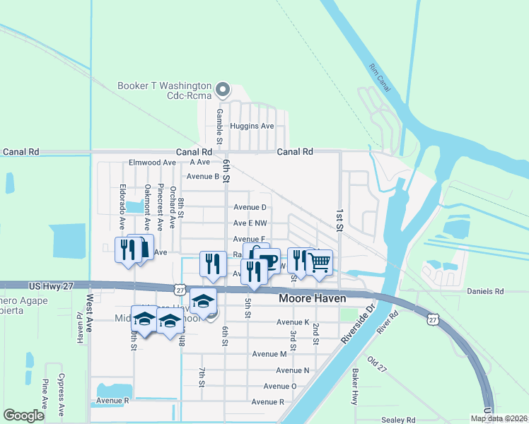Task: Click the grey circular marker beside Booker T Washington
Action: [223, 89]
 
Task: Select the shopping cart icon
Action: [320, 261]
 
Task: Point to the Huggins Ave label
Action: [257, 126]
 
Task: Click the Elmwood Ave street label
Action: [151, 162]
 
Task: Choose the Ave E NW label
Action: [250, 223]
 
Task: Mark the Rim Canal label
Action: [380, 76]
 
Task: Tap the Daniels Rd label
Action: [484, 290]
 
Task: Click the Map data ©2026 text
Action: [498, 418]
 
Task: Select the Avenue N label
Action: [292, 370]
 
